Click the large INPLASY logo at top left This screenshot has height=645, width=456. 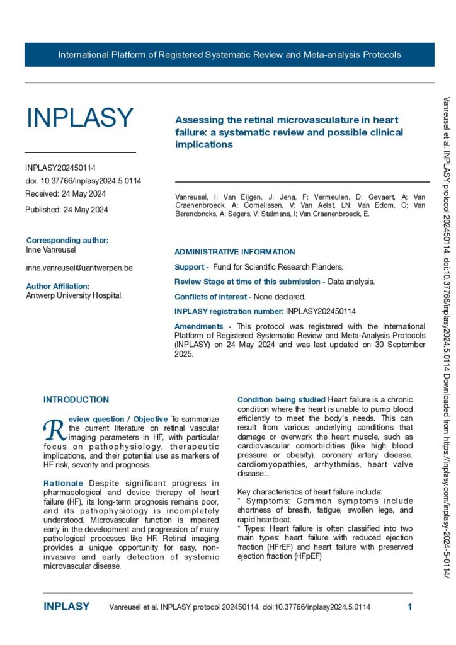click(x=80, y=118)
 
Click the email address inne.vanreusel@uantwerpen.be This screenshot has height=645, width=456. click(x=79, y=268)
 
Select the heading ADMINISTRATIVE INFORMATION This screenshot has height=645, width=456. click(x=234, y=252)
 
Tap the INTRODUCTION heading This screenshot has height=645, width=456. click(x=76, y=400)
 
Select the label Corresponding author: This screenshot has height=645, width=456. click(x=67, y=240)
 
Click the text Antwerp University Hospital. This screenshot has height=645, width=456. click(x=74, y=295)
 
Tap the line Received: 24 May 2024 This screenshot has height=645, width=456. click(x=66, y=194)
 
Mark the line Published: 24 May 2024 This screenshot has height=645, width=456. click(x=67, y=210)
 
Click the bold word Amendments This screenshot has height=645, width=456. click(x=198, y=326)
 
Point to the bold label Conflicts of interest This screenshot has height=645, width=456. click(x=212, y=296)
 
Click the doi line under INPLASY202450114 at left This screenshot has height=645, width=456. click(x=83, y=181)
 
